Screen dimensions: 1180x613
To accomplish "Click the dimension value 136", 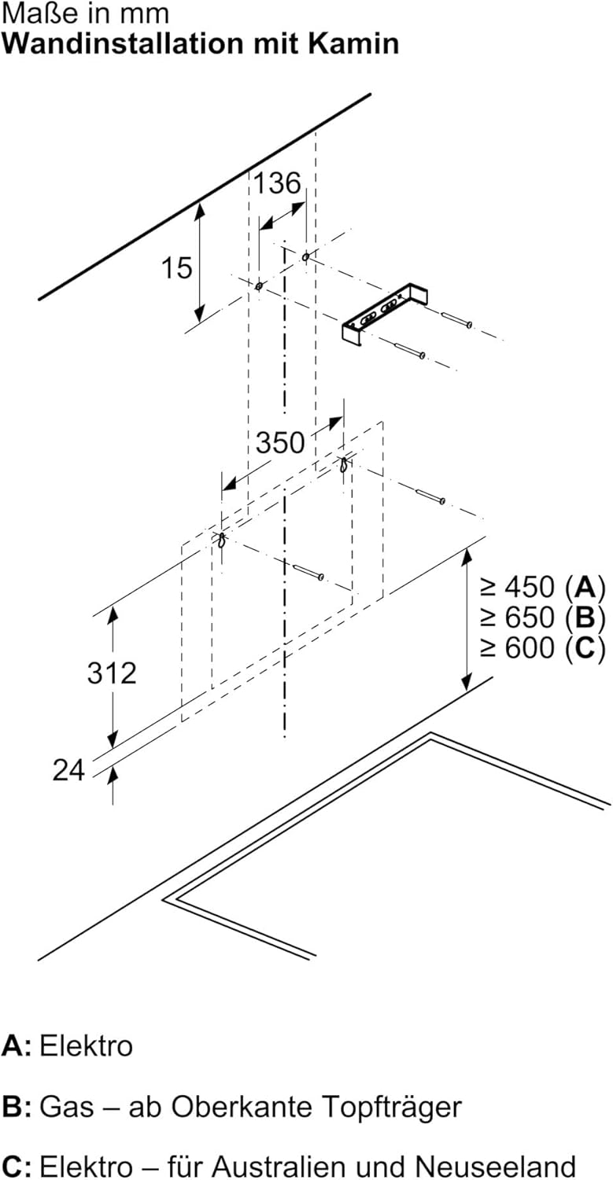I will click(x=276, y=183).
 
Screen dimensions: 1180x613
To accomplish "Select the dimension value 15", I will click(x=177, y=267).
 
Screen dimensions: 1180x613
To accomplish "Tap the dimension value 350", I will click(x=279, y=442).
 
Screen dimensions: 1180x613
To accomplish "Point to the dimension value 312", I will click(x=112, y=673).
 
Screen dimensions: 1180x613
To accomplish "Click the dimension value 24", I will click(x=68, y=771).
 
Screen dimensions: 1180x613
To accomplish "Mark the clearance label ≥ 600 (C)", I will click(x=542, y=647).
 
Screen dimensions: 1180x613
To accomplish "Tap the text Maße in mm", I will click(x=85, y=14).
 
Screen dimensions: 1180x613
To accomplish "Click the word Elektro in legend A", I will click(x=86, y=1046).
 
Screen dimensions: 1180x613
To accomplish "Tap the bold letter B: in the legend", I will click(x=16, y=1107).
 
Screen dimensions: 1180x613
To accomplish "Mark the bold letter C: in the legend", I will click(x=16, y=1166).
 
